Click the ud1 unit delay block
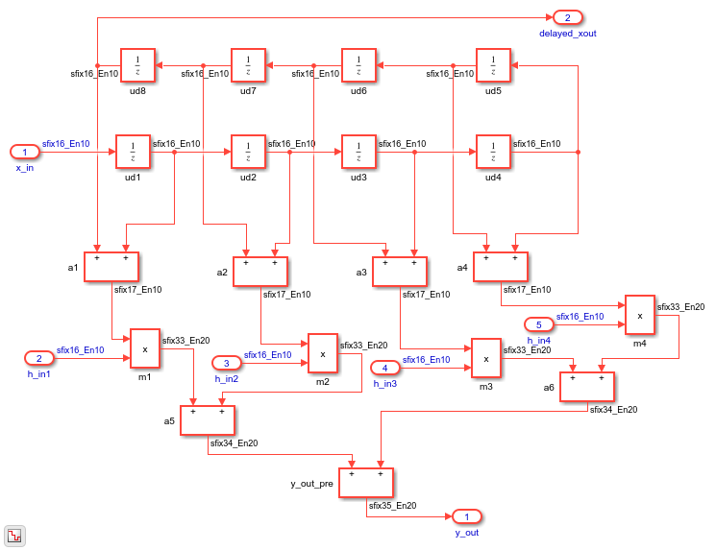tap(133, 152)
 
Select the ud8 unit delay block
tap(137, 65)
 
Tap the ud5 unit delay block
tap(493, 65)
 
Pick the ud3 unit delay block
tap(358, 152)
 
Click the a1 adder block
tap(111, 267)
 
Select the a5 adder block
tap(208, 420)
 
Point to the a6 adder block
tap(587, 387)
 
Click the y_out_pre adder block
tap(366, 483)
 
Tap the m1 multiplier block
tap(145, 348)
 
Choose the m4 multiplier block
tap(640, 315)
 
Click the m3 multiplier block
tap(486, 358)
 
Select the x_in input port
tap(25, 152)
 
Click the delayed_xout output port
tap(568, 18)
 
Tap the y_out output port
tap(467, 516)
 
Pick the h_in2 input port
tap(227, 363)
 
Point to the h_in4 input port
tap(539, 324)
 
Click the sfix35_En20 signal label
tap(393, 506)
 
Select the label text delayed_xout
tap(568, 34)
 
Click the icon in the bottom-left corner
tap(14, 536)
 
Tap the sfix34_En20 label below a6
tap(614, 410)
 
